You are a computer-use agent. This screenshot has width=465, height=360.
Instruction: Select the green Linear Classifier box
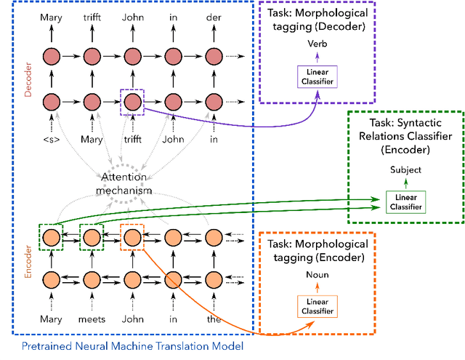(405, 202)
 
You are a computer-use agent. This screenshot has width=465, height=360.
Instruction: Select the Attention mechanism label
(127, 185)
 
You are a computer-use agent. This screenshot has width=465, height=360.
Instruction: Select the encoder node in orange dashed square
(132, 237)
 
